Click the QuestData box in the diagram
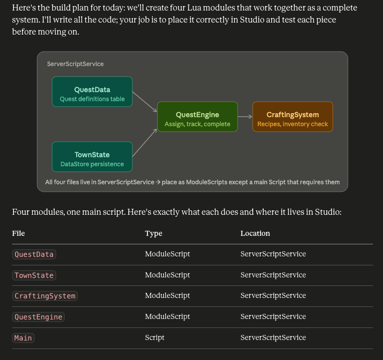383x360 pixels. tap(92, 92)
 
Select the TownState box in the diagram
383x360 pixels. tap(92, 157)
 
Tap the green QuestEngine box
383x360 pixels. tap(198, 117)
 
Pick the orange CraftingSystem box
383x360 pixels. tap(293, 117)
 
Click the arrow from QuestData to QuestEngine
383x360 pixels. tap(144, 102)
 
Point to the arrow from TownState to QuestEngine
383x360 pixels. tap(144, 143)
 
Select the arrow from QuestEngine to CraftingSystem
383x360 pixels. tap(245, 117)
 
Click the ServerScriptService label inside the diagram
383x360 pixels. tap(75, 64)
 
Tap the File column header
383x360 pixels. tap(19, 233)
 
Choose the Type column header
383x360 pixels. tap(153, 234)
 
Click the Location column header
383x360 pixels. tap(255, 233)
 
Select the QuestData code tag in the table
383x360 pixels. tap(34, 254)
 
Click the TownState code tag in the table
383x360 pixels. tap(34, 275)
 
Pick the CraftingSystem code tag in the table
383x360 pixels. tap(45, 296)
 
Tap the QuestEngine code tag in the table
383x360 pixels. tap(38, 317)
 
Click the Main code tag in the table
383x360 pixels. tap(23, 338)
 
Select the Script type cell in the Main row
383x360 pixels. tap(154, 337)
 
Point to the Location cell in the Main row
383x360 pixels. tap(273, 337)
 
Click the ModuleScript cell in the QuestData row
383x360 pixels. tap(167, 254)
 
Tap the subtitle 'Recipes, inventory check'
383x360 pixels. tap(293, 124)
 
